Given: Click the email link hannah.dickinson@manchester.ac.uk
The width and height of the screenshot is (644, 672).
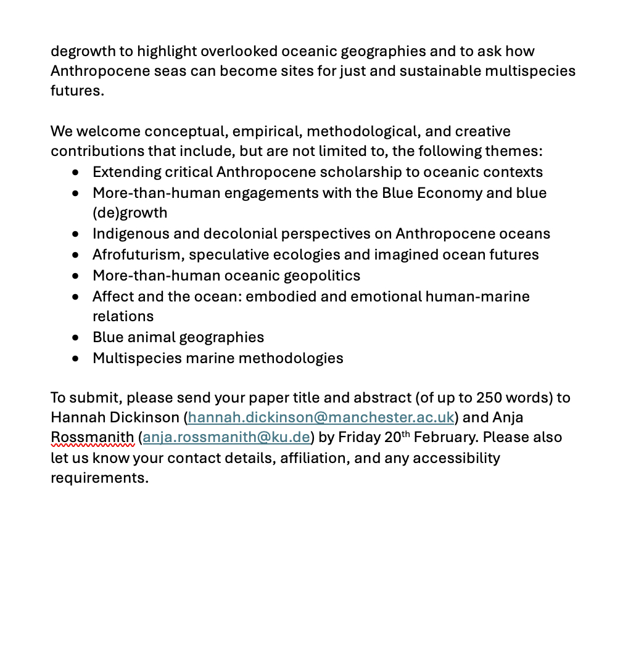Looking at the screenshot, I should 321,417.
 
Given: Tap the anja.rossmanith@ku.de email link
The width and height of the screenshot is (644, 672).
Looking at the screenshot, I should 226,438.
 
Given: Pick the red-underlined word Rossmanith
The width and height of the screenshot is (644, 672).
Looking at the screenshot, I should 92,438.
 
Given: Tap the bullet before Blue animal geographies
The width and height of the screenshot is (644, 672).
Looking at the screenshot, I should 75,338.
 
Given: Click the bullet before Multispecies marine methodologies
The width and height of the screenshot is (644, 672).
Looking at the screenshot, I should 75,359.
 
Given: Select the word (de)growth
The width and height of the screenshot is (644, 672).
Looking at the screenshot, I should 130,213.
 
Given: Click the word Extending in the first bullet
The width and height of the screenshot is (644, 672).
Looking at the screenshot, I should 126,172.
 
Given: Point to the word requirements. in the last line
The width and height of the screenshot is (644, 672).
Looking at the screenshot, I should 99,478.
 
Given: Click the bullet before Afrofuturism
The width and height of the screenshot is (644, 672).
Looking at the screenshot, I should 75,255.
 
